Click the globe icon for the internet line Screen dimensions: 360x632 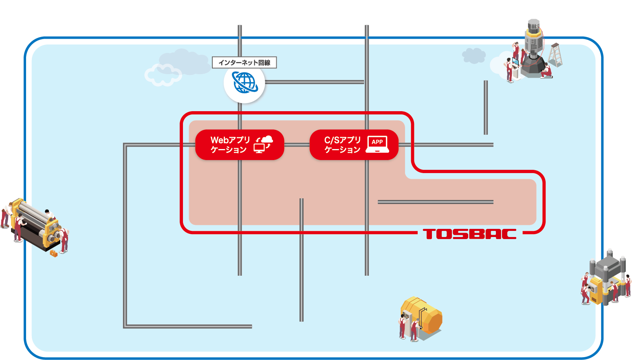244,83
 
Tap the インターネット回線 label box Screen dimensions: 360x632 244,63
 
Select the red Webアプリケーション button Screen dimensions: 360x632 240,145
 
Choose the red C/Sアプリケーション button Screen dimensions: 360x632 354,145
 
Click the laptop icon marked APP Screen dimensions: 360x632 377,145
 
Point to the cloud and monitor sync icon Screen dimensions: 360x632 264,145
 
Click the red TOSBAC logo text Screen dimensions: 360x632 470,234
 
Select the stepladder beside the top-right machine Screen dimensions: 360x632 555,54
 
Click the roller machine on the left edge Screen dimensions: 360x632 35,222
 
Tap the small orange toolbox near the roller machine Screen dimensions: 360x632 53,254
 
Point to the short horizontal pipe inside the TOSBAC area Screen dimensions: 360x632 435,202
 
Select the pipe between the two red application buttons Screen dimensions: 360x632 297,145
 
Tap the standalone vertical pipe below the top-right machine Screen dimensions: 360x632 486,108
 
